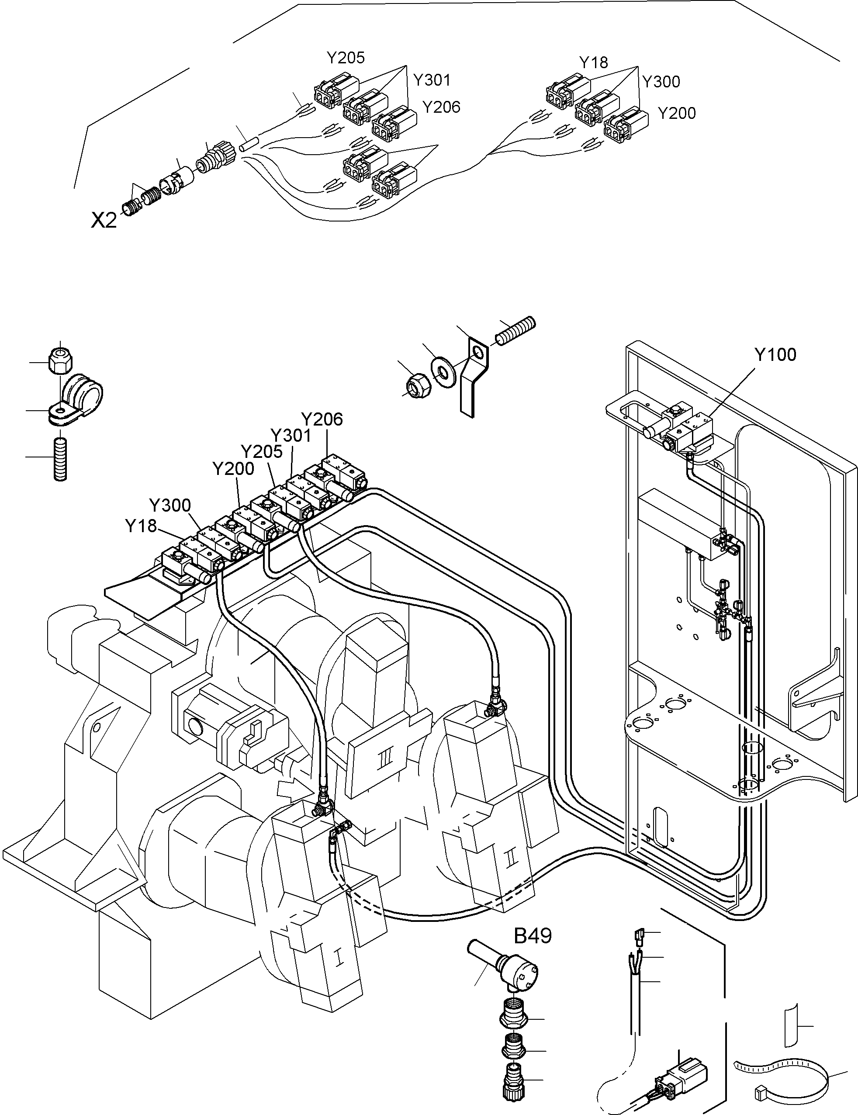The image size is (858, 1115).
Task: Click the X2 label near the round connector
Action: point(104,220)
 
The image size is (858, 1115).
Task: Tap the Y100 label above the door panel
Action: point(775,354)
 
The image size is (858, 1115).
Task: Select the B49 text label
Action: point(533,936)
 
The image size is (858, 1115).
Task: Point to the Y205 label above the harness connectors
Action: point(346,58)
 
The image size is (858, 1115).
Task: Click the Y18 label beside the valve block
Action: point(141,526)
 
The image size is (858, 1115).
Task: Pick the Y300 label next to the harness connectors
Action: point(661,82)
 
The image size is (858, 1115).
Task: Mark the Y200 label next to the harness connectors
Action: point(676,113)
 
